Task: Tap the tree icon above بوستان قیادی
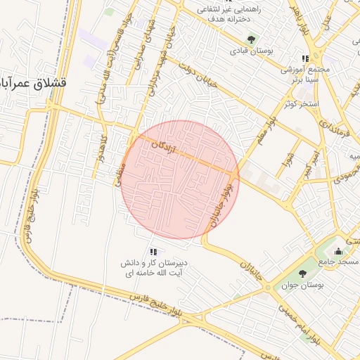(x=252, y=39)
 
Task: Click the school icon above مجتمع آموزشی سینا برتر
(x=305, y=59)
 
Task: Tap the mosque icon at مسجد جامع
(x=338, y=251)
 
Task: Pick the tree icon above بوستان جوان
(x=302, y=274)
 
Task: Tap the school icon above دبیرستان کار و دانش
(x=154, y=252)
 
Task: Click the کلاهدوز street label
(x=98, y=150)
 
